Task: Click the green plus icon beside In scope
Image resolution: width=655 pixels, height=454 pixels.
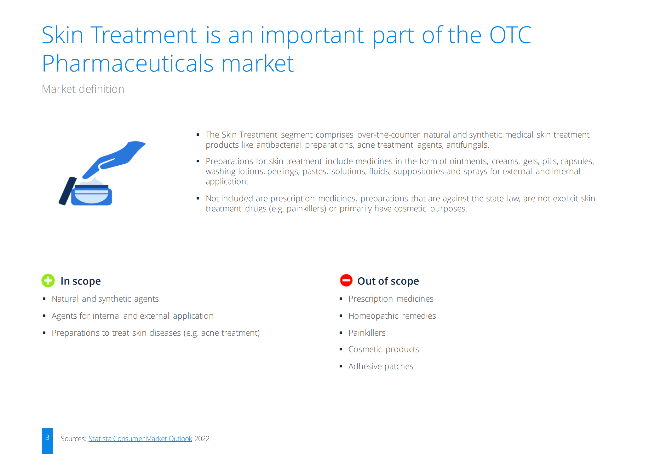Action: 48,280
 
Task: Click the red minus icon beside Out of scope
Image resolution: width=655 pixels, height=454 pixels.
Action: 346,280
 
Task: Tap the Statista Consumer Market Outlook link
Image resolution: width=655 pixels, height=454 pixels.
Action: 140,439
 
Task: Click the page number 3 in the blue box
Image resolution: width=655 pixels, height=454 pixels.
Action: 47,437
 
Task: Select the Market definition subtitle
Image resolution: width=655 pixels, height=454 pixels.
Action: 83,89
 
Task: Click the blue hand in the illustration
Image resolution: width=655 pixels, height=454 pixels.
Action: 114,159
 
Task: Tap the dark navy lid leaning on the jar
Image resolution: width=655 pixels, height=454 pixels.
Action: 68,191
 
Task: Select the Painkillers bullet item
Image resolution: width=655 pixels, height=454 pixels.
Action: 367,333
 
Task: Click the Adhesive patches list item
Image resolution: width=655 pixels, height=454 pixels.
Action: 381,366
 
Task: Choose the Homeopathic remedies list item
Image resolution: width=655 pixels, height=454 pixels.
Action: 392,316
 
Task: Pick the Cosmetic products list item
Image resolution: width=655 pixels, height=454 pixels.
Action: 383,349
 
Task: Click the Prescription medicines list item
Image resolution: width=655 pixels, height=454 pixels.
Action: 391,299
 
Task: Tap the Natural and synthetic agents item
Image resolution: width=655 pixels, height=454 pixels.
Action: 105,299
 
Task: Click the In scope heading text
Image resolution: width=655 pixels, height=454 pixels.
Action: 81,281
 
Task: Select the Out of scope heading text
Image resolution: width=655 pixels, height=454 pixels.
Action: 388,281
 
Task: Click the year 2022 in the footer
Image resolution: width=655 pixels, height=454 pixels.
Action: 202,439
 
